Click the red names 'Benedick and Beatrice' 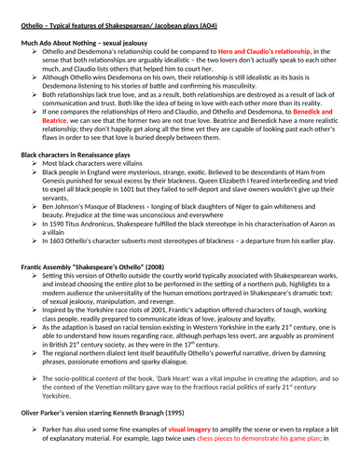click(x=322, y=136)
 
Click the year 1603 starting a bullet click(x=58, y=288)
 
